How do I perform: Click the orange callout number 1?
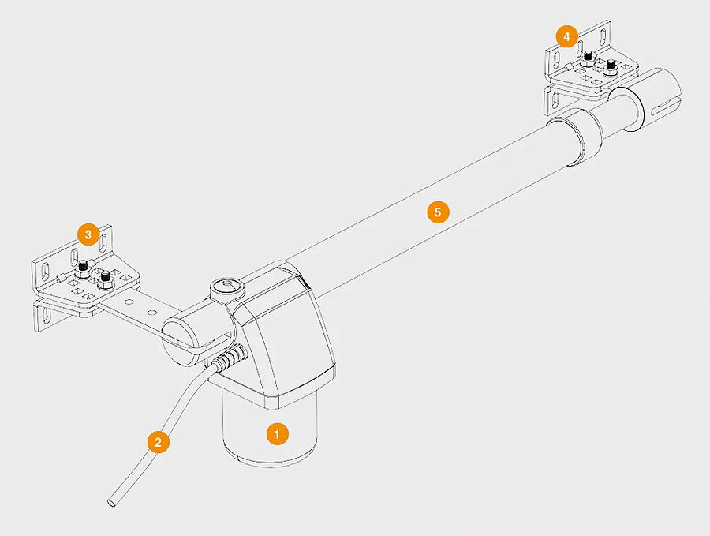(277, 434)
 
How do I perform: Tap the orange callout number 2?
(158, 442)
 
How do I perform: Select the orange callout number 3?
(88, 234)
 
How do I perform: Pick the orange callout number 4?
(566, 36)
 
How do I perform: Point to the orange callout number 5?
(438, 212)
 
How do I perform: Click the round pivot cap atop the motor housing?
(225, 287)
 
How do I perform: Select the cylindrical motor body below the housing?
(270, 430)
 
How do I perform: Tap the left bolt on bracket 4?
(589, 58)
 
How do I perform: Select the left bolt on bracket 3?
(83, 268)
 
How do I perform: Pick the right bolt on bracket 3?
(106, 278)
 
